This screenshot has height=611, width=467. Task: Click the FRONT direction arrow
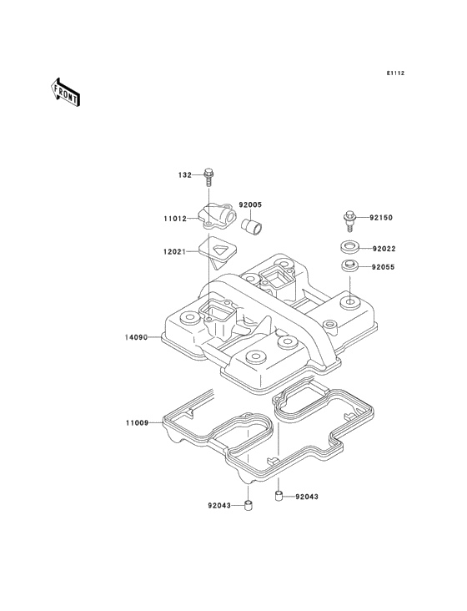tap(65, 92)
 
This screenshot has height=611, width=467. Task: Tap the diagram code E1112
tap(395, 73)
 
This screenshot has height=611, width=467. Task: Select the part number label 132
tap(185, 175)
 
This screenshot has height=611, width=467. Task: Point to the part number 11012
tap(175, 219)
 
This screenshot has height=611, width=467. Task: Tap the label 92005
tap(250, 205)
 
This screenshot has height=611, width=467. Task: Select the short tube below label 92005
tap(251, 225)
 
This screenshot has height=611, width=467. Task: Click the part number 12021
tap(175, 252)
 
